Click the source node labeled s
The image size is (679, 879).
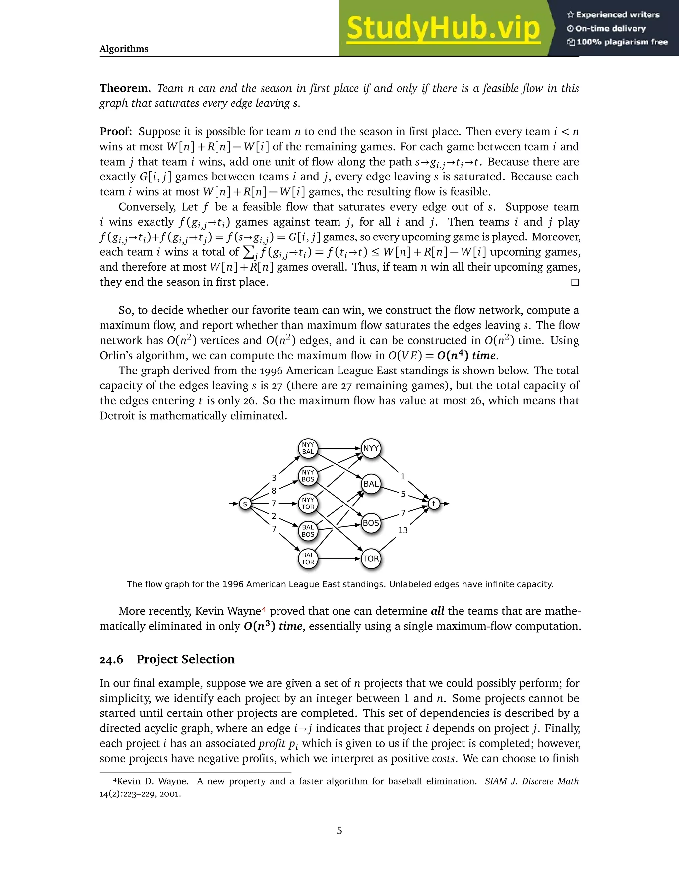[x=245, y=504]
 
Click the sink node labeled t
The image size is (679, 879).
[x=434, y=504]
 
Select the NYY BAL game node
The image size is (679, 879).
[x=308, y=448]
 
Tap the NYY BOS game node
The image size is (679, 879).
[x=308, y=476]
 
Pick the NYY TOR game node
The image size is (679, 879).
[x=308, y=504]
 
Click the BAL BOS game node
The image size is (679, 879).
[x=308, y=531]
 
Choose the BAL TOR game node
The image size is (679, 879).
[x=308, y=559]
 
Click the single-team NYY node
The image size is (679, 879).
[x=370, y=448]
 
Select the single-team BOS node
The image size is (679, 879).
[x=370, y=523]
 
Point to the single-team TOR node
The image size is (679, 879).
[x=370, y=559]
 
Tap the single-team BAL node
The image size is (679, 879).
[x=370, y=484]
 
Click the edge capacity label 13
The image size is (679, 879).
[x=402, y=530]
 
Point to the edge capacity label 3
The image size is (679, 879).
[x=274, y=478]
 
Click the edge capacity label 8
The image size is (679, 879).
[x=274, y=491]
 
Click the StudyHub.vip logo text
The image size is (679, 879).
[x=443, y=28]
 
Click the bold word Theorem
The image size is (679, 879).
[x=125, y=88]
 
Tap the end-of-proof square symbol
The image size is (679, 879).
[x=575, y=282]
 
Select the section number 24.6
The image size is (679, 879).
[x=111, y=660]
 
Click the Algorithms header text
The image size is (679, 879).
[x=124, y=49]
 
